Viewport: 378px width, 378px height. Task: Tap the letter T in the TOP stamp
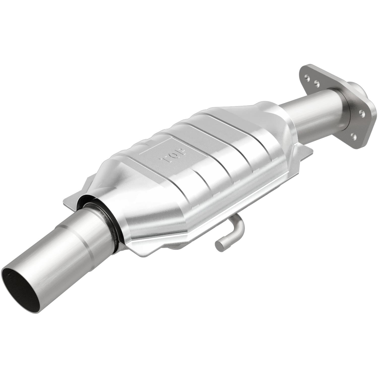coord(165,160)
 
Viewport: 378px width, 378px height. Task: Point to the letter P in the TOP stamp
coord(182,150)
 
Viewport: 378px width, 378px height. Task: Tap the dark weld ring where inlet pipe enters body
coord(111,222)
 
